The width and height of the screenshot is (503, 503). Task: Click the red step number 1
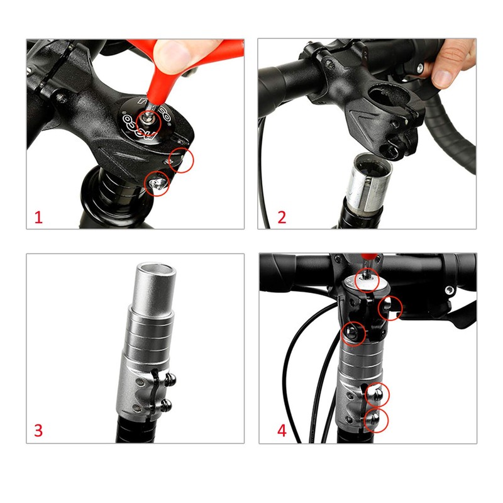coord(38,218)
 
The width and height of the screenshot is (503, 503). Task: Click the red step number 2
coord(282,218)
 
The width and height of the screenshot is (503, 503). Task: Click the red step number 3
coord(38,431)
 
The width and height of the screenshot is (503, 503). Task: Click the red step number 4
coord(282,431)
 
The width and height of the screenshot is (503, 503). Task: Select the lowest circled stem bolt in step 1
coord(158,183)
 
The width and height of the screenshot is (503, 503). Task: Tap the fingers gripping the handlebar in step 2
coord(453,63)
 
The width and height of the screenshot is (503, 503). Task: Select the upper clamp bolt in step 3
coord(169,379)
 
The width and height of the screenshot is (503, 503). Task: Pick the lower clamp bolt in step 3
coord(167,404)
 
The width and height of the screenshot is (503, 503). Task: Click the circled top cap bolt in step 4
coord(367,277)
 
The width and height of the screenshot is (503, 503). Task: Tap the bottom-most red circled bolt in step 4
coord(376,419)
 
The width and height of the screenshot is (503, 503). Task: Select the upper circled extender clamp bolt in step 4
coord(377,394)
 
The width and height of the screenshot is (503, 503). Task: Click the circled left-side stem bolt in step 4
coord(353,332)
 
